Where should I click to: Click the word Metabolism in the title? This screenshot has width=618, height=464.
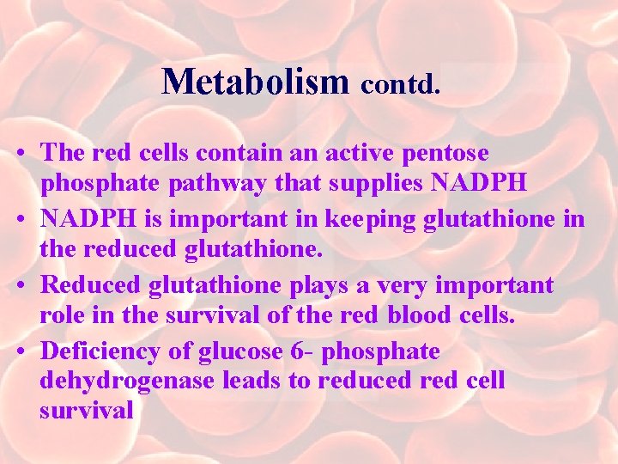(x=255, y=82)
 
